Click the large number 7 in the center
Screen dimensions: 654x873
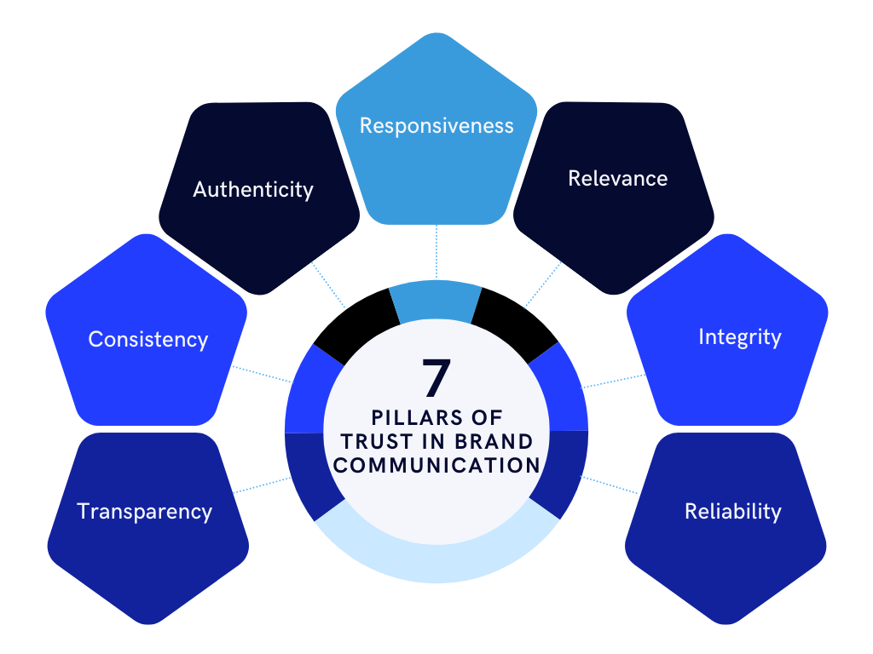436,378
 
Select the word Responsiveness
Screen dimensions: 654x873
436,126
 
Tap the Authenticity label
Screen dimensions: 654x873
253,189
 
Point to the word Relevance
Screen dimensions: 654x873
617,178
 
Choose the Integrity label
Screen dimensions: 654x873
739,336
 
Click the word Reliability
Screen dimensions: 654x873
732,511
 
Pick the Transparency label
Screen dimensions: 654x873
144,511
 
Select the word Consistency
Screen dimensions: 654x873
147,339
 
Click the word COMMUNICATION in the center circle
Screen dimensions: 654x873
436,465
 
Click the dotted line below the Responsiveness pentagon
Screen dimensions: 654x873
436,252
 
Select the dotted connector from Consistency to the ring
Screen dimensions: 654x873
262,376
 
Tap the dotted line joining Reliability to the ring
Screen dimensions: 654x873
610,485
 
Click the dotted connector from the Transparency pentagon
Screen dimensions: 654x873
262,485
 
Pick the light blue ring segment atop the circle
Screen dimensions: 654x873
436,302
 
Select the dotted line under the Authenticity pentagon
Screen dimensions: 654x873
328,284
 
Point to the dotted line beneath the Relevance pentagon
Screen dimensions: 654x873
543,284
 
